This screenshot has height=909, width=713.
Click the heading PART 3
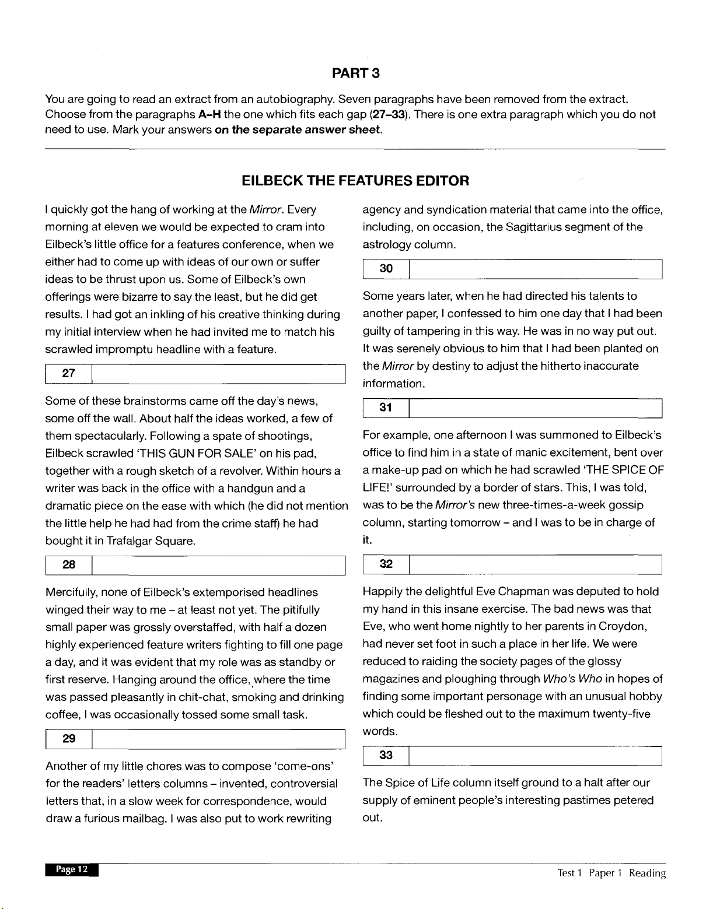(x=356, y=73)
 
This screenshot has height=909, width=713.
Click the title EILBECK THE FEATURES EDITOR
(x=355, y=180)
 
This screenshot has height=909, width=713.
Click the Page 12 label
(x=72, y=869)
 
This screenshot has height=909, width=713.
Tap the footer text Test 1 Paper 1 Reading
(x=611, y=873)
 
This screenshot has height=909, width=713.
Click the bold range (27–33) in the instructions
(x=390, y=114)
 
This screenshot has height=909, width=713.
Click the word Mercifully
(x=71, y=592)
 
